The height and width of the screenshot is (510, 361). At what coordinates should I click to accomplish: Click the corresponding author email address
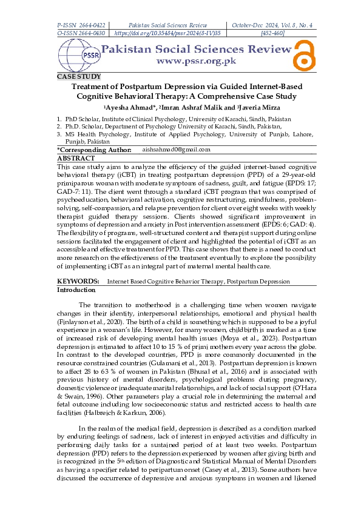point(176,149)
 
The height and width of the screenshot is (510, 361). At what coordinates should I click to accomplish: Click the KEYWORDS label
point(78,282)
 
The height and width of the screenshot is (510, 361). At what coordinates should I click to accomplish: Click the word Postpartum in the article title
point(157,87)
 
